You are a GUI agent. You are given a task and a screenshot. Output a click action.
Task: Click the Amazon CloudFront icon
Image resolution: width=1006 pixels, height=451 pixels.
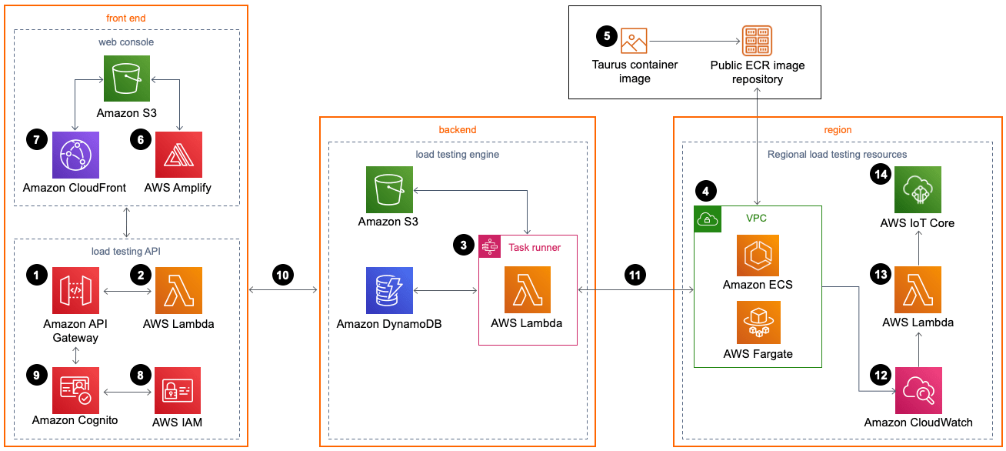point(75,155)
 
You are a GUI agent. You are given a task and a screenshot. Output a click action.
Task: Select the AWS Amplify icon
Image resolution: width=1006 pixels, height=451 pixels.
point(178,155)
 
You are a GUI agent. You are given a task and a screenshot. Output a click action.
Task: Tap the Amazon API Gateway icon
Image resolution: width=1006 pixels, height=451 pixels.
point(75,290)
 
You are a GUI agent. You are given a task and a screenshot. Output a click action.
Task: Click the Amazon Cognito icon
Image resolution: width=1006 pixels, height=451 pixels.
point(75,390)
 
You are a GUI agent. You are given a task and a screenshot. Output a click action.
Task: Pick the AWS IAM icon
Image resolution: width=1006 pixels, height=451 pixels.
point(178,390)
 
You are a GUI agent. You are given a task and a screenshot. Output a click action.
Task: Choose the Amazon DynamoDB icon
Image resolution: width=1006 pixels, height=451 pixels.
point(389,290)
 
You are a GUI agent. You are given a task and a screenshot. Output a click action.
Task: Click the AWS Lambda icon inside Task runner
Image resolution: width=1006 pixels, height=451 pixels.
point(527,290)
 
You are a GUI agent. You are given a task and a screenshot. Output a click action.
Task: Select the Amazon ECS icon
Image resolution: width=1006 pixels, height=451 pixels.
point(758,256)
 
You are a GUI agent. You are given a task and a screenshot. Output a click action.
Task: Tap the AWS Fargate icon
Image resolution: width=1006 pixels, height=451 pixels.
point(758,322)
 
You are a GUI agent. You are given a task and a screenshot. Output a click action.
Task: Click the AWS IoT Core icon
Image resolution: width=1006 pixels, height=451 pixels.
point(918,189)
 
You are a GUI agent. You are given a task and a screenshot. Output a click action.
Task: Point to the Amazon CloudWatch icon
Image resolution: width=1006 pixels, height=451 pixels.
point(918,390)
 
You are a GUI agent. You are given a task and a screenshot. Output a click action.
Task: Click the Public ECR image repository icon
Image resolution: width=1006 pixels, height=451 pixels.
point(757,40)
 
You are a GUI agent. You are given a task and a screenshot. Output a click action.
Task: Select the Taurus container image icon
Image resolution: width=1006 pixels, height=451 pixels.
point(635,40)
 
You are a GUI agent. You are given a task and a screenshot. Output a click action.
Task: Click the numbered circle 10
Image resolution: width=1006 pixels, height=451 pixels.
point(284,274)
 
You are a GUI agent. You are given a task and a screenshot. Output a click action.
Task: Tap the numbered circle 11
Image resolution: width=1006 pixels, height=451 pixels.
point(635,274)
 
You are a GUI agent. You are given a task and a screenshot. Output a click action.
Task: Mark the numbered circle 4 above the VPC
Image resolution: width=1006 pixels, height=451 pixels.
point(705,189)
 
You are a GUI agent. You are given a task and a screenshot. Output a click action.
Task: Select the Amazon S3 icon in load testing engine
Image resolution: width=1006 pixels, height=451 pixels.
point(389,189)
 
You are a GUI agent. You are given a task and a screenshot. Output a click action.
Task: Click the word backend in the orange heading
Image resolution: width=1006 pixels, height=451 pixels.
point(458,130)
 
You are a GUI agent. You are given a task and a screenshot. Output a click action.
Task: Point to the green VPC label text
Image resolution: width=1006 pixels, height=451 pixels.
point(756,218)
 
